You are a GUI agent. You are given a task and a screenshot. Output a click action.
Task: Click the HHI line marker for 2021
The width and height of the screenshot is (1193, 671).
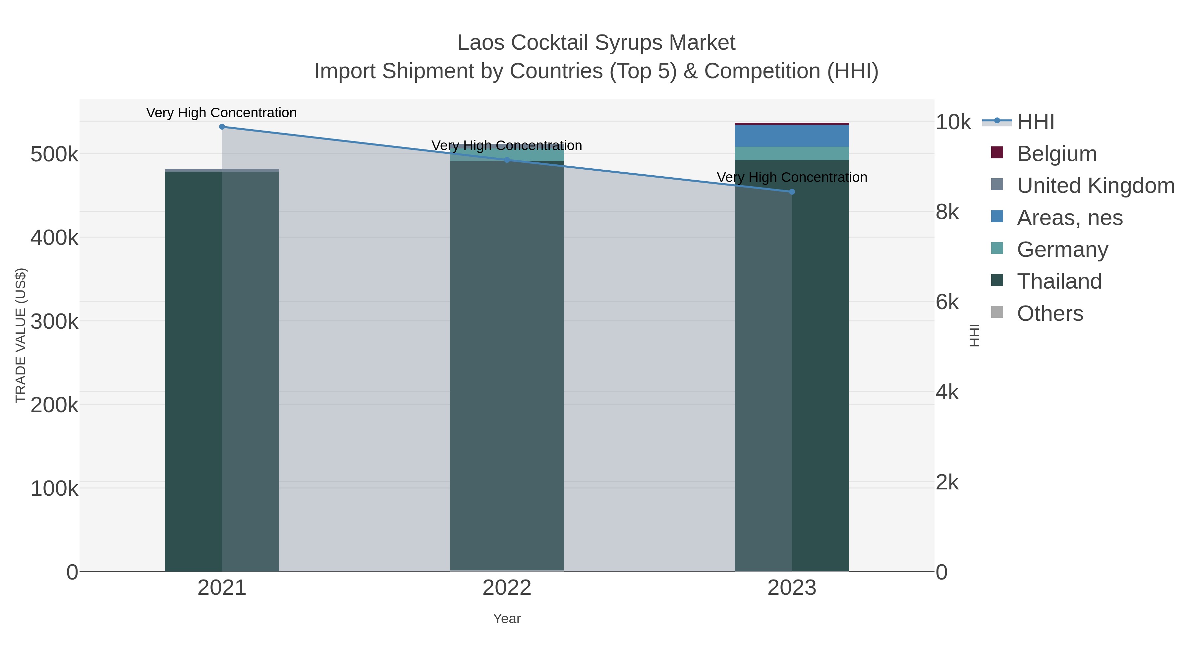tap(222, 127)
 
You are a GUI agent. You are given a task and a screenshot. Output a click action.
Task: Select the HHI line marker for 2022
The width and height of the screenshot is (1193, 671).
tap(507, 160)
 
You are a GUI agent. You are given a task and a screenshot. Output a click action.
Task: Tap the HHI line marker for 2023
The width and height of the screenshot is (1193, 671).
tap(791, 192)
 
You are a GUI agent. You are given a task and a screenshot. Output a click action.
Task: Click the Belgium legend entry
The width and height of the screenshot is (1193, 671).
tap(1056, 154)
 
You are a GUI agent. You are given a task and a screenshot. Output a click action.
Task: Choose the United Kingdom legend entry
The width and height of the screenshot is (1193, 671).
tap(1095, 186)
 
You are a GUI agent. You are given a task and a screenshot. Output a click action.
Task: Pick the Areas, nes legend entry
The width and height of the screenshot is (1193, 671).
tap(1069, 218)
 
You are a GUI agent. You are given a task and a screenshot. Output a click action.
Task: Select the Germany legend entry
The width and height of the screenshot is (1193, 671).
tap(1062, 250)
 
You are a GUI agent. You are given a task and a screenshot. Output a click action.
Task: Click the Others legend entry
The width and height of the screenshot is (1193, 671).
tap(1050, 313)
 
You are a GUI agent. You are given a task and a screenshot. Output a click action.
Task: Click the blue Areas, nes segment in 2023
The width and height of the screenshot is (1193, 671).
tap(791, 136)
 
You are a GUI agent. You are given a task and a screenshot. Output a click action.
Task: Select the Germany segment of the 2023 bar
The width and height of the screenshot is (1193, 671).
tap(791, 153)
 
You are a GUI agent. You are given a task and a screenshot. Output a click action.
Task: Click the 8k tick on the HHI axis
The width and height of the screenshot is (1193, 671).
tap(947, 212)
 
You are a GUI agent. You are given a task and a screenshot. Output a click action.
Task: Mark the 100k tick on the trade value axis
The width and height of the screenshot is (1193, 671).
tap(54, 488)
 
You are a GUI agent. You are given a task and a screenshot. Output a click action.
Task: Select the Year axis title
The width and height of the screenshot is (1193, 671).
tap(507, 619)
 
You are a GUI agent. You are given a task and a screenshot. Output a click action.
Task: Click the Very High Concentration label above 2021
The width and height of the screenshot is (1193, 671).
tap(221, 113)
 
